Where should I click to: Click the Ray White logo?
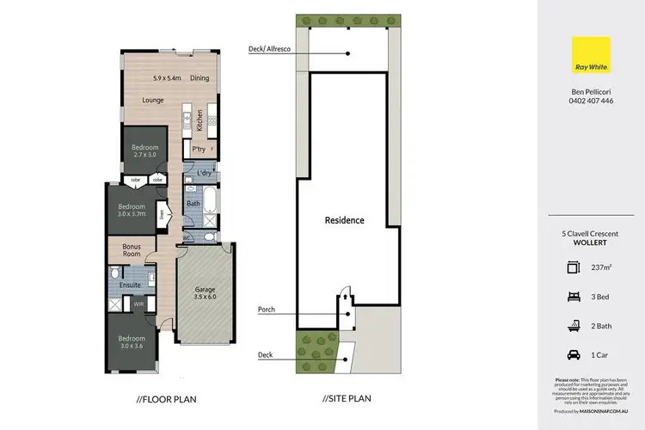[x=591, y=58]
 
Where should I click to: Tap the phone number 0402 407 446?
[x=591, y=101]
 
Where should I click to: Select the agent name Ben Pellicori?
[x=591, y=90]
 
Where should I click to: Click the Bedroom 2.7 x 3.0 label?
[x=144, y=151]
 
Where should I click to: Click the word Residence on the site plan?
[x=344, y=220]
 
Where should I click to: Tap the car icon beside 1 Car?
[x=574, y=353]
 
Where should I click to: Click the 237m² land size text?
[x=602, y=268]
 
